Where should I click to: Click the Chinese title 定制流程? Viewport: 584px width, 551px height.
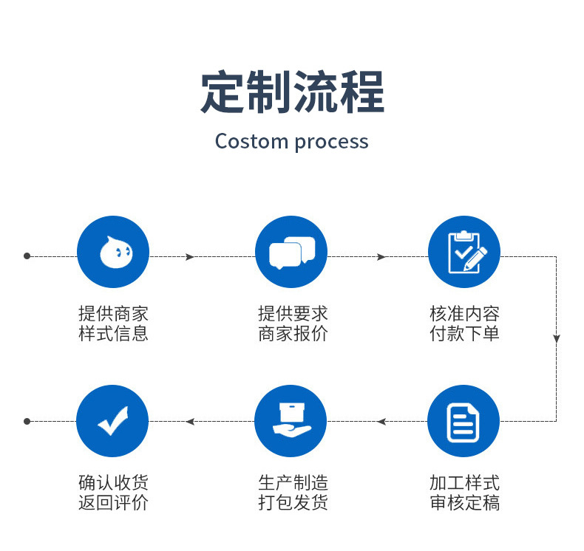(x=293, y=92)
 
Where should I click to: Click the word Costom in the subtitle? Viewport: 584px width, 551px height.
(x=251, y=141)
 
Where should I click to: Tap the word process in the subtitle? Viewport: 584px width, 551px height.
(x=331, y=143)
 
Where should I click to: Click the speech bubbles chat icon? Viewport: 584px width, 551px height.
(x=292, y=253)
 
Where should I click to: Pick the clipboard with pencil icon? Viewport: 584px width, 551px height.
(x=467, y=252)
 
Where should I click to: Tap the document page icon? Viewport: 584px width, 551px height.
(x=463, y=422)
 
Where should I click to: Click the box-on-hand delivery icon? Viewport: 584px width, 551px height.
(x=291, y=420)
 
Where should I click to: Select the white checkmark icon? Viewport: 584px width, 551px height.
(x=113, y=421)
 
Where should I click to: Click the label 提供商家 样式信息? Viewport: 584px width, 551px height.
(x=113, y=324)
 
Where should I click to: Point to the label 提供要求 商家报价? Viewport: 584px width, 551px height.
(x=293, y=324)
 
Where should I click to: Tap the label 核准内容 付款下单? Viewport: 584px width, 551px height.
(x=464, y=324)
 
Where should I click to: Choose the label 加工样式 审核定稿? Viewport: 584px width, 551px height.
(x=464, y=493)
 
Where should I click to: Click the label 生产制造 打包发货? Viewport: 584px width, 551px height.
(x=293, y=493)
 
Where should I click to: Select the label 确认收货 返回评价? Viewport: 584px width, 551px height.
(x=113, y=493)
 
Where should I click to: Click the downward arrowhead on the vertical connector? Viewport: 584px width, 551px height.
(x=557, y=338)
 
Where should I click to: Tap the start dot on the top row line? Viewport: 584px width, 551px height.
(x=27, y=256)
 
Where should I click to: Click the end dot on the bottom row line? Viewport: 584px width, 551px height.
(x=27, y=421)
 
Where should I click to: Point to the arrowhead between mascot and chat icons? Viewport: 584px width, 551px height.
(x=190, y=257)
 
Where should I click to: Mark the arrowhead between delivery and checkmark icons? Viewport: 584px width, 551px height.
(x=190, y=422)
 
